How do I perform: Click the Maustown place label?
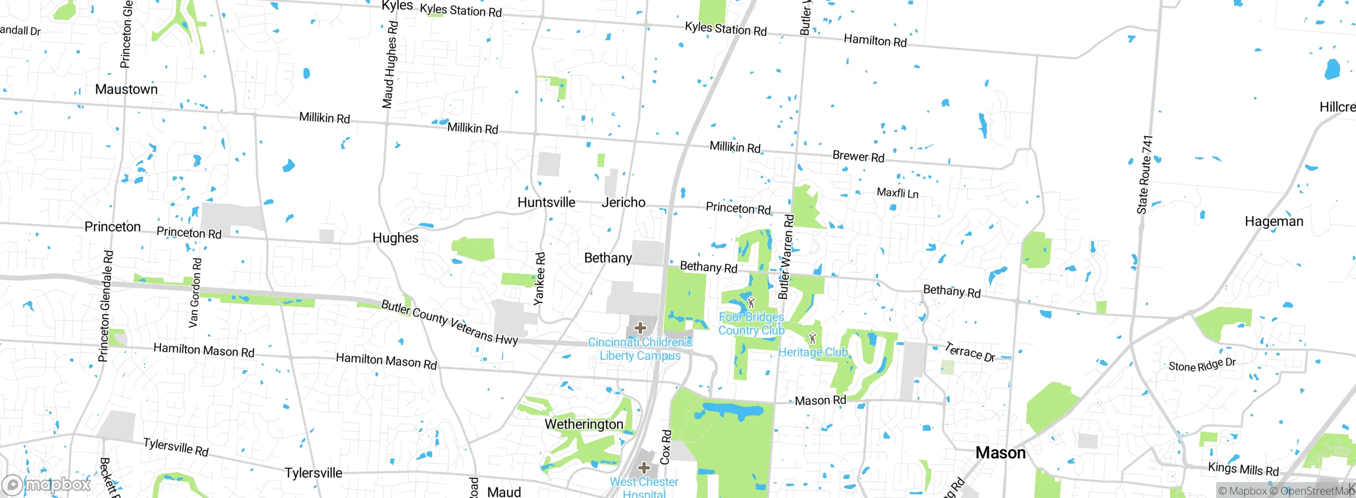point(126,89)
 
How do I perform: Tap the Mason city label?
point(1000,453)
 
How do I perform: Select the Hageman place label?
point(1274,221)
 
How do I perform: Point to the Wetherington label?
point(584,424)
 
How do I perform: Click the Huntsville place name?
point(546,202)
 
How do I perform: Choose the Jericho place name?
point(623,202)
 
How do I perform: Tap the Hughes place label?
point(395,238)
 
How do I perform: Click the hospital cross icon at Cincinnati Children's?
point(640,328)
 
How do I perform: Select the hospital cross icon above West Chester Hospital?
point(644,468)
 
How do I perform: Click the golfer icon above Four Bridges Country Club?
point(751,303)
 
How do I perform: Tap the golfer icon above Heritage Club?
point(813,339)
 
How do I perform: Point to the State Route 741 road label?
point(1145,175)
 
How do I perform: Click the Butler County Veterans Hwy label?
point(449,322)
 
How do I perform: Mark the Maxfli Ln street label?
point(897,193)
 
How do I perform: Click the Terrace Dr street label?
point(970,352)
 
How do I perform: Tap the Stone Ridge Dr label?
point(1202,365)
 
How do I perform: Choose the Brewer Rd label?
point(858,156)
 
